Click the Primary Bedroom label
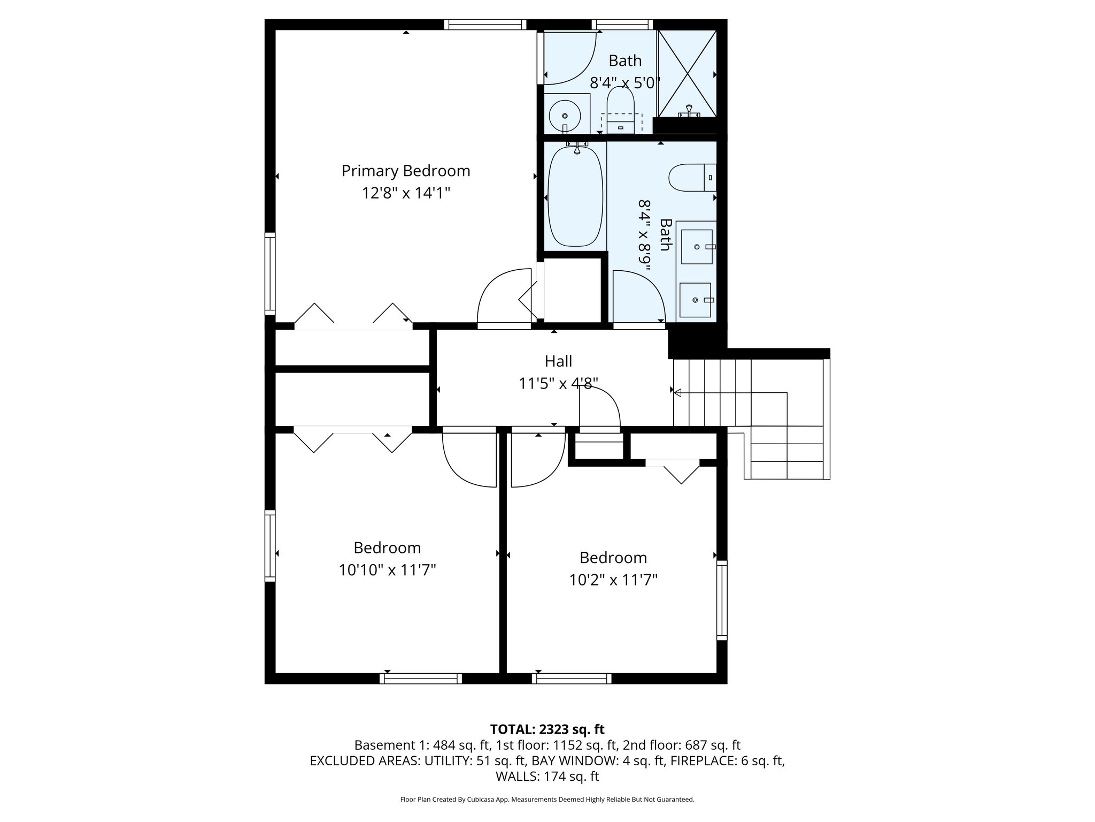pos(406,171)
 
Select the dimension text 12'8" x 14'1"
pos(406,193)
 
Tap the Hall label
pos(558,361)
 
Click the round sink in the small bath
pos(565,115)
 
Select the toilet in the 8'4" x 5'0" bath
pos(620,110)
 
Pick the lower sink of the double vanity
pos(695,300)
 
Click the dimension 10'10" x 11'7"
pos(387,570)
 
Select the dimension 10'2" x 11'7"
pos(613,580)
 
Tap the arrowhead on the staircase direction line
pos(677,393)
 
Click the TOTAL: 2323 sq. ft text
pos(547,729)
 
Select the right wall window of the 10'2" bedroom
pos(722,600)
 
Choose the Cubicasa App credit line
pos(547,800)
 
